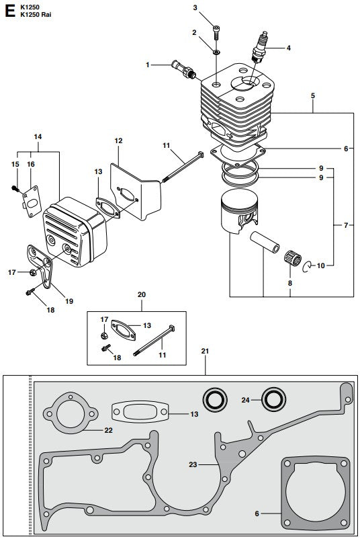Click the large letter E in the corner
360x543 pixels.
(x=9, y=11)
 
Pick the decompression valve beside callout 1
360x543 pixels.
(x=183, y=69)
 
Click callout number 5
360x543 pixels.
(x=312, y=96)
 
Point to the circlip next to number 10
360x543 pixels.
(x=306, y=265)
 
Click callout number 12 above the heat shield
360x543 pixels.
(x=118, y=141)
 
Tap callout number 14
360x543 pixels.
(x=38, y=136)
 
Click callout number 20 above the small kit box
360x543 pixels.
(x=141, y=294)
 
